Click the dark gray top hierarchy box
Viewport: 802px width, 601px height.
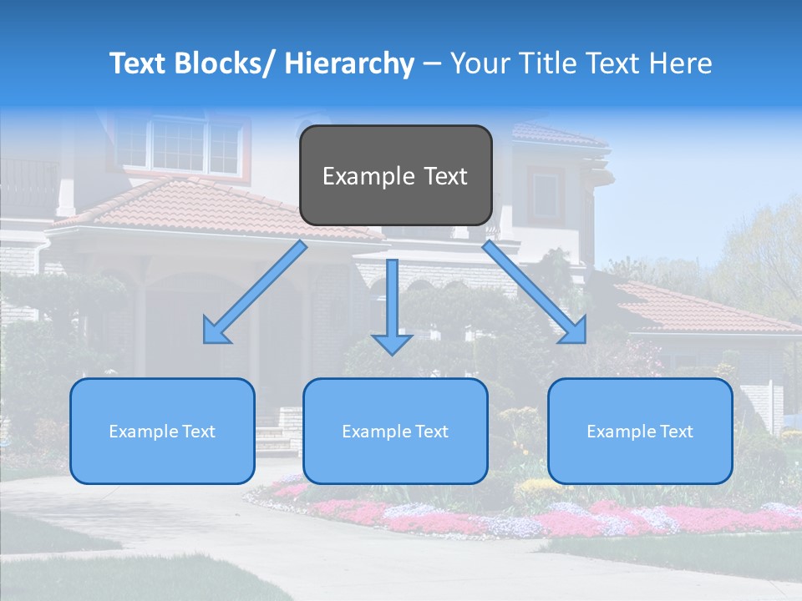[395, 175]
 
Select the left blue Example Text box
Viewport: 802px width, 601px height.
[162, 431]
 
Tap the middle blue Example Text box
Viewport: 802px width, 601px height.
[395, 431]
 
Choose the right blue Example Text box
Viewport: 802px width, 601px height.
[640, 431]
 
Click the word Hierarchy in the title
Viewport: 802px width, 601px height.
[349, 63]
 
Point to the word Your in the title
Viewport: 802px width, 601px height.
[481, 63]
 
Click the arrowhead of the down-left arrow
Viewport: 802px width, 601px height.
[216, 331]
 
